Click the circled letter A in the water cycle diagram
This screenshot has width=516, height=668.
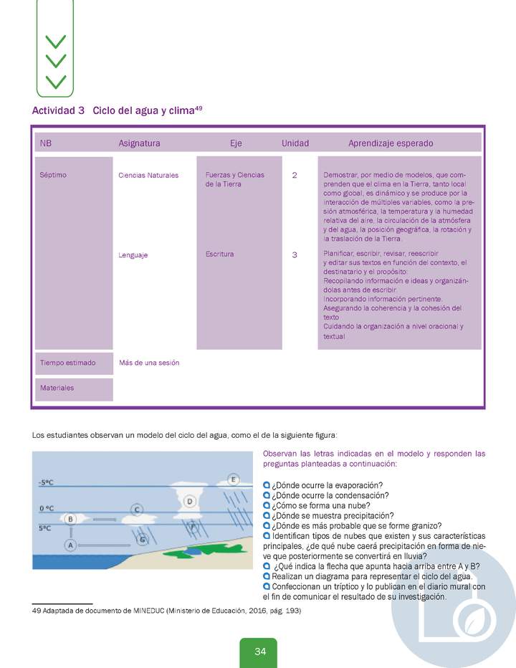point(70,545)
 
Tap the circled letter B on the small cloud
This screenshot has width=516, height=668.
point(70,519)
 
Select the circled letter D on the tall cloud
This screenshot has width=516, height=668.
point(190,502)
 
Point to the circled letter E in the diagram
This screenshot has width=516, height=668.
point(232,479)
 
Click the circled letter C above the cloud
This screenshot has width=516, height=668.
point(136,510)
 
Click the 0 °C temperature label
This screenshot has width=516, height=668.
point(47,508)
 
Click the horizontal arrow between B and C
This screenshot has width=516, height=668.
point(104,518)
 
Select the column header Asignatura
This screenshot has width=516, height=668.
point(139,143)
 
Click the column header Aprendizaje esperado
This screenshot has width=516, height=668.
point(391,143)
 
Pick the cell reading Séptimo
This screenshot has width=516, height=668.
point(54,175)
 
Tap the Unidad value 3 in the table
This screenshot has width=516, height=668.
point(295,254)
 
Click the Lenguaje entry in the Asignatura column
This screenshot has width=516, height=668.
point(133,255)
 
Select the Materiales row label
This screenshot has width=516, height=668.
point(57,388)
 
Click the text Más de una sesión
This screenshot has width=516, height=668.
point(149,363)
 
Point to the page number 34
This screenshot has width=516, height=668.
point(260,652)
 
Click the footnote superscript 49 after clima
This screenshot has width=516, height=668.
point(199,108)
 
